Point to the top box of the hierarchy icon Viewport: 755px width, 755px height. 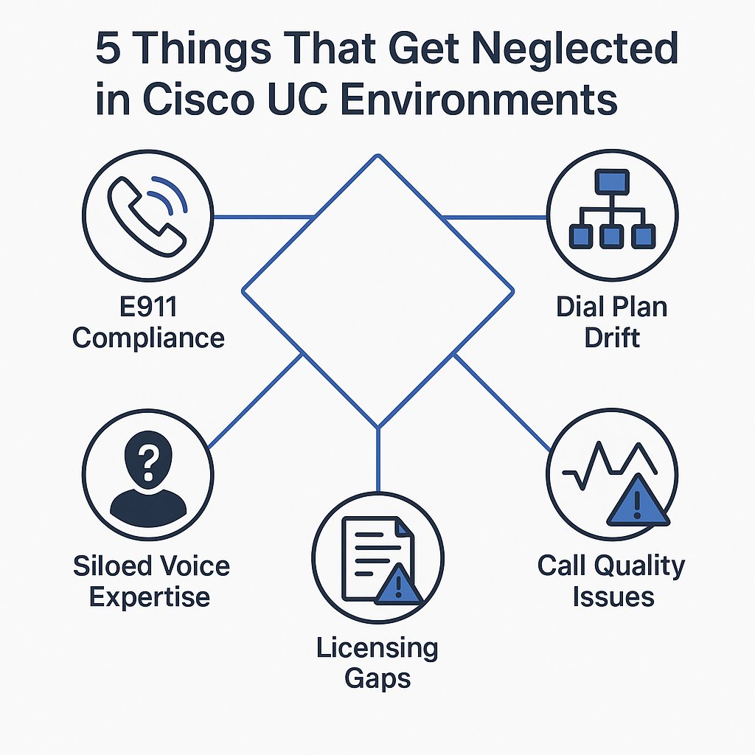(x=611, y=181)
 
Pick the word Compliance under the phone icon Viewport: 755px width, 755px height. (x=148, y=338)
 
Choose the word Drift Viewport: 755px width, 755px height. (x=611, y=338)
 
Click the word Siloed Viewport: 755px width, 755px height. (x=111, y=566)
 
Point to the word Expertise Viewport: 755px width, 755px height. (x=150, y=596)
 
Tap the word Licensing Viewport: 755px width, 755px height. (x=377, y=648)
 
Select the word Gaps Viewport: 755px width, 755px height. (x=377, y=678)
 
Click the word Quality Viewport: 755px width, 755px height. (x=639, y=566)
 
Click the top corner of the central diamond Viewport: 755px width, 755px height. (x=377, y=156)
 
